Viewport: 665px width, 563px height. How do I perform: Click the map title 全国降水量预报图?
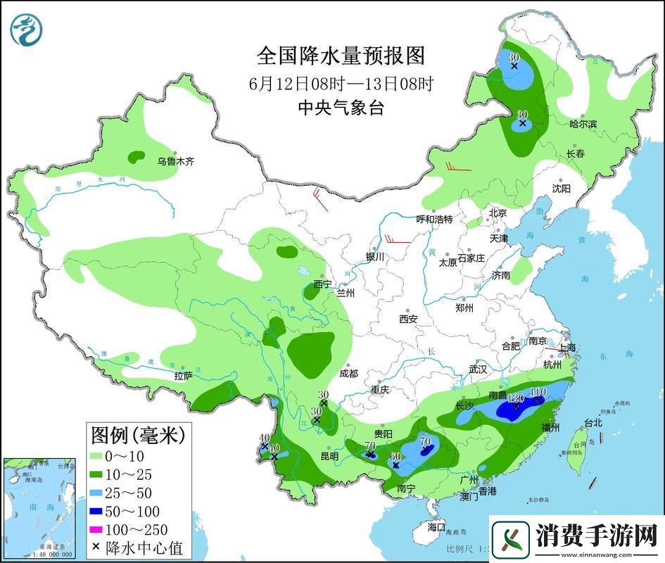pyautogui.click(x=341, y=55)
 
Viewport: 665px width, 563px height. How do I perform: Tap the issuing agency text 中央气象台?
pyautogui.click(x=341, y=108)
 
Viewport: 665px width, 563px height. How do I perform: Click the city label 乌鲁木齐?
pyautogui.click(x=175, y=161)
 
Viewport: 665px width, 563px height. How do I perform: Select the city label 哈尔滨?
pyautogui.click(x=583, y=124)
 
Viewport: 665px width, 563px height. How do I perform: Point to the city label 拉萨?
pyautogui.click(x=183, y=377)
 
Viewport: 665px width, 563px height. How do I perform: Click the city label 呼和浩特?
pyautogui.click(x=434, y=219)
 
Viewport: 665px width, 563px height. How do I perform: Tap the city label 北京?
pyautogui.click(x=498, y=213)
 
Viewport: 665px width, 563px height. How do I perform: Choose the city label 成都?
pyautogui.click(x=348, y=374)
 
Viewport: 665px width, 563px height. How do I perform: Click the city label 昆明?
pyautogui.click(x=329, y=456)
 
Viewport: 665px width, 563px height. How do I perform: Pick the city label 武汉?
pyautogui.click(x=479, y=369)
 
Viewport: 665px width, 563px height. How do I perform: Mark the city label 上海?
pyautogui.click(x=566, y=348)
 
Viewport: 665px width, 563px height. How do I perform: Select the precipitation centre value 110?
pyautogui.click(x=538, y=392)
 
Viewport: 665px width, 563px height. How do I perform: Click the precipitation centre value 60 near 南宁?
pyautogui.click(x=395, y=456)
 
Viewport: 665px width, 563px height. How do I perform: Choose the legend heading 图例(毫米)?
pyautogui.click(x=137, y=434)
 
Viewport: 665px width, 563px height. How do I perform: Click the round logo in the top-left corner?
pyautogui.click(x=27, y=30)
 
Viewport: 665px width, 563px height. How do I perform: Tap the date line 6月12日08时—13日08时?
pyautogui.click(x=341, y=84)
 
